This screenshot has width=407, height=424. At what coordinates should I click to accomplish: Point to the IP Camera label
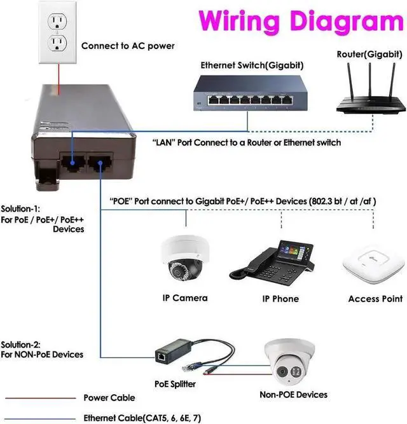(x=185, y=297)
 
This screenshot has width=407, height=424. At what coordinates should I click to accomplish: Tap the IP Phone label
(x=280, y=298)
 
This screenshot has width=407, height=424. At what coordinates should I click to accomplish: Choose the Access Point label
(x=375, y=298)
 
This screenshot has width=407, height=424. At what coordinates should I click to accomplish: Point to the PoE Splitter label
(x=176, y=384)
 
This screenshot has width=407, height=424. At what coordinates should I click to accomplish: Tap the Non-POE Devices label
(x=294, y=395)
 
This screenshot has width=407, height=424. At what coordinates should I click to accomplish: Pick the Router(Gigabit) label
(x=367, y=54)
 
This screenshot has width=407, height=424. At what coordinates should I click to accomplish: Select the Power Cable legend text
(x=109, y=398)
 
